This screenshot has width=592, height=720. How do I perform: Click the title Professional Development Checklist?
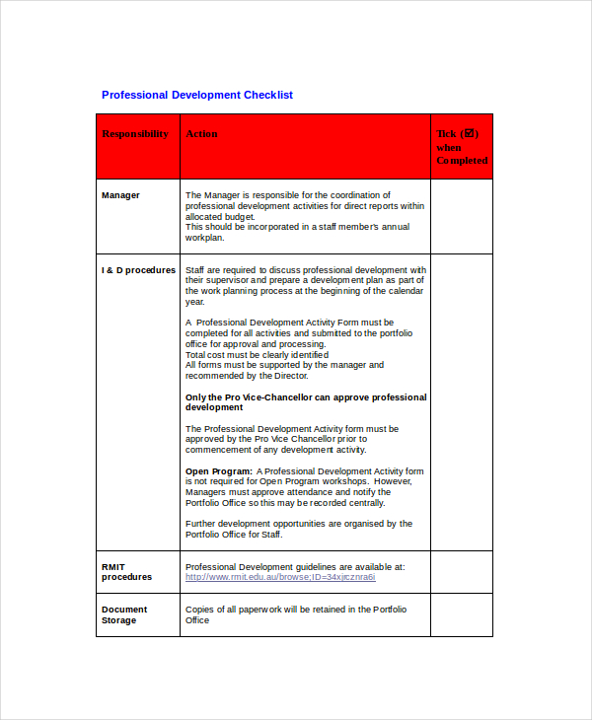pyautogui.click(x=197, y=95)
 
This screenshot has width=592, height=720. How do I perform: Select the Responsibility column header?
pyautogui.click(x=135, y=134)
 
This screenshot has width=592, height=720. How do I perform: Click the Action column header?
pyautogui.click(x=202, y=134)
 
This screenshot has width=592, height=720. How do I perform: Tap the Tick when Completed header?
pyautogui.click(x=462, y=147)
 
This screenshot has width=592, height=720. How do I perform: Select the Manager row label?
pyautogui.click(x=120, y=195)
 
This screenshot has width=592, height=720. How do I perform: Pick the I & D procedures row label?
pyautogui.click(x=138, y=270)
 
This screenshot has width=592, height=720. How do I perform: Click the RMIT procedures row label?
pyautogui.click(x=126, y=572)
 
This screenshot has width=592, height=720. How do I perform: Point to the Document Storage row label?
pyautogui.click(x=124, y=614)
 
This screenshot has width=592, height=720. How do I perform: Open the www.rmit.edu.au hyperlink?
pyautogui.click(x=280, y=577)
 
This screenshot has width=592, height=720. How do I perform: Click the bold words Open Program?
pyautogui.click(x=219, y=471)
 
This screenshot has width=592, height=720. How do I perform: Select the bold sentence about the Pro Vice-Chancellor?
pyautogui.click(x=306, y=402)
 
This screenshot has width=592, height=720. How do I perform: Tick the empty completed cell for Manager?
pyautogui.click(x=461, y=216)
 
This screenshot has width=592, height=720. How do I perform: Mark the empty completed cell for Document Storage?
pyautogui.click(x=461, y=614)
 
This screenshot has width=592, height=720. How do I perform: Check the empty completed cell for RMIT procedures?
pyautogui.click(x=461, y=572)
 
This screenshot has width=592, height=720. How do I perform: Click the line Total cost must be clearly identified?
pyautogui.click(x=257, y=355)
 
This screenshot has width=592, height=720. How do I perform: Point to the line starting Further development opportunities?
pyautogui.click(x=298, y=524)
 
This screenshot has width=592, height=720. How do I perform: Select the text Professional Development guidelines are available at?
pyautogui.click(x=294, y=567)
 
